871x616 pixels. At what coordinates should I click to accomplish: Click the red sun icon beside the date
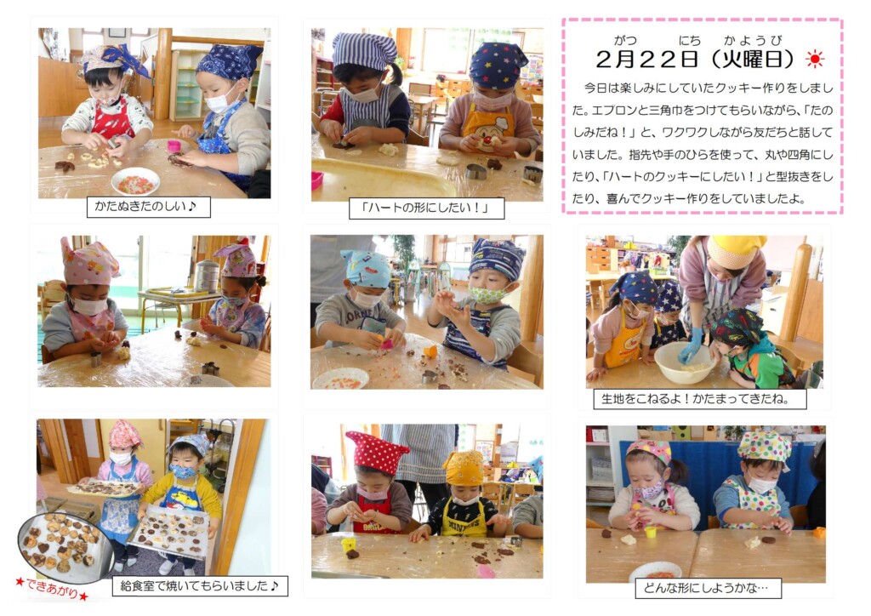pyautogui.click(x=815, y=59)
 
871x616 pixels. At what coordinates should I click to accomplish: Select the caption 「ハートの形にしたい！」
pyautogui.click(x=425, y=208)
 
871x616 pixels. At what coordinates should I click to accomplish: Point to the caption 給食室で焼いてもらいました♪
pyautogui.click(x=199, y=585)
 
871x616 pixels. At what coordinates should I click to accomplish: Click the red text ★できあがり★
pyautogui.click(x=51, y=589)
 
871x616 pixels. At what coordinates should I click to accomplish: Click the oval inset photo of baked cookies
pyautogui.click(x=65, y=547)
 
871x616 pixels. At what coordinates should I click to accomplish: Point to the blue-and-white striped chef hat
pyautogui.click(x=364, y=50)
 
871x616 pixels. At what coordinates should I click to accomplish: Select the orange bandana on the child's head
pyautogui.click(x=464, y=468)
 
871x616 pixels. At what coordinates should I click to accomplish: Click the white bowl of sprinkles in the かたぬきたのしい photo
pyautogui.click(x=135, y=181)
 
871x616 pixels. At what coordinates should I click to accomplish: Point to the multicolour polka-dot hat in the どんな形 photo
pyautogui.click(x=765, y=446)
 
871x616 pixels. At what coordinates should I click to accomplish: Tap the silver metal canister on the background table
pyautogui.click(x=206, y=276)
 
